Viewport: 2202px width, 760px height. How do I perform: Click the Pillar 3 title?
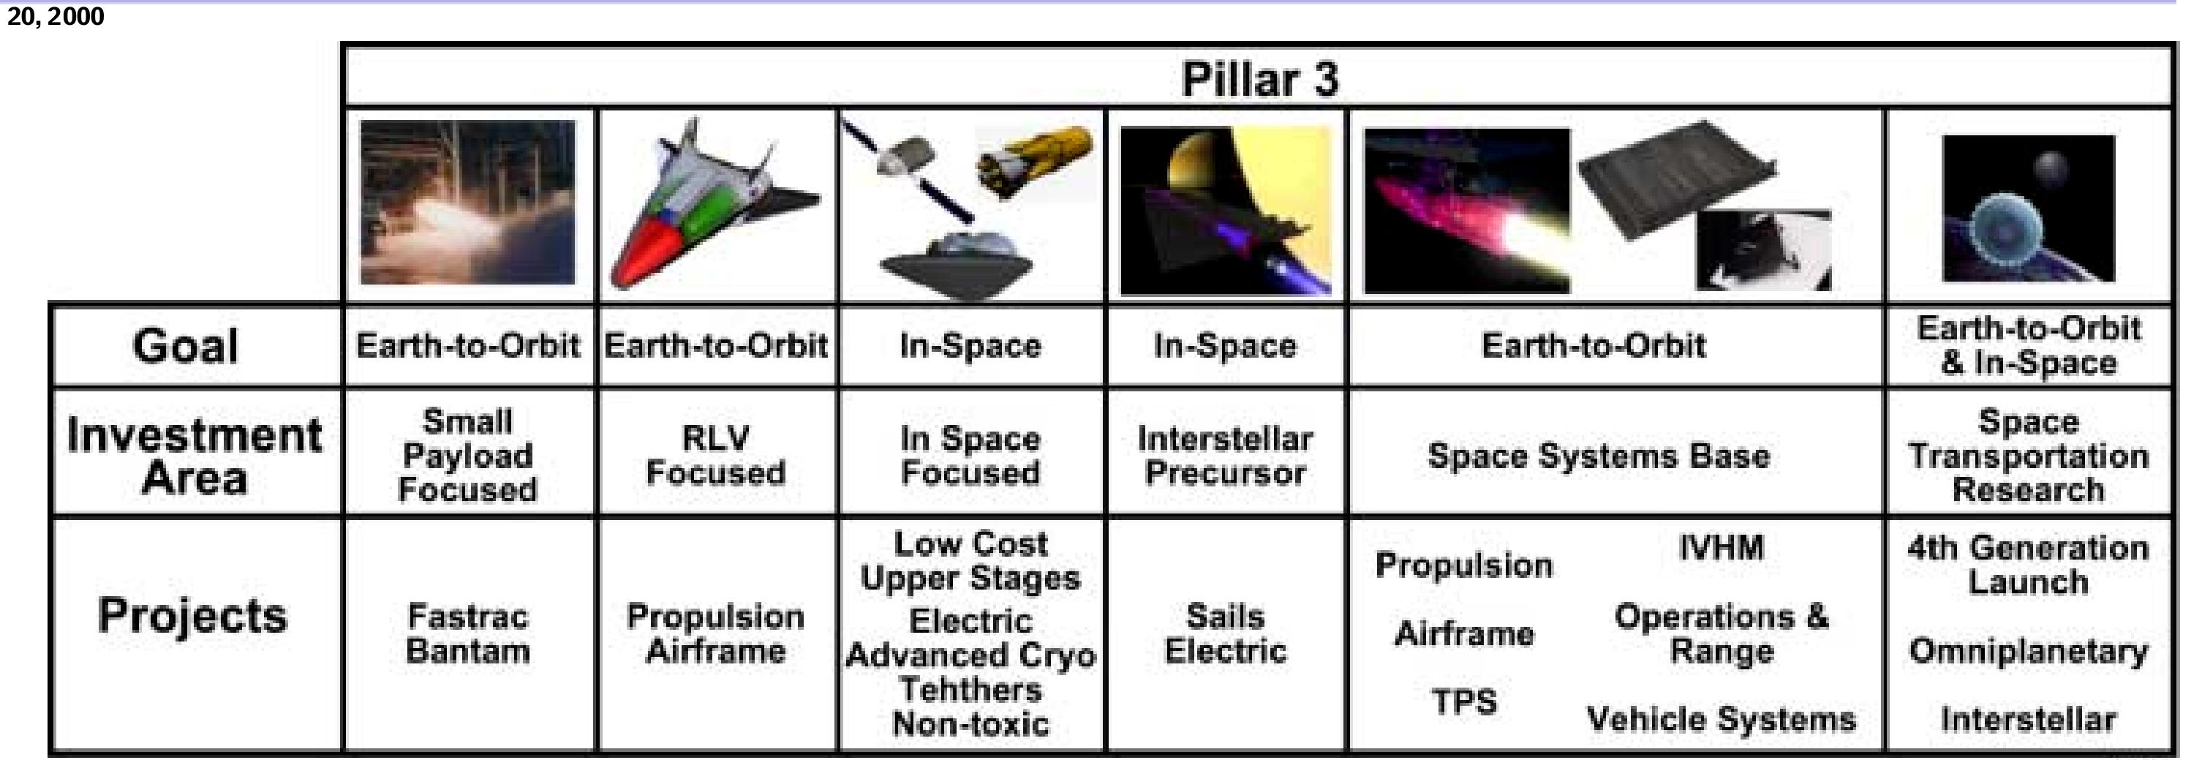click(x=1259, y=80)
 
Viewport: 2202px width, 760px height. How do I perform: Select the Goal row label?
click(x=186, y=346)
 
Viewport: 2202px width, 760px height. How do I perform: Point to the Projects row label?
click(x=192, y=615)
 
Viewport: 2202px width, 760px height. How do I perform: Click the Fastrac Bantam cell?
click(x=467, y=634)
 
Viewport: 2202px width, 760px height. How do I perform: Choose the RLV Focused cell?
click(x=715, y=455)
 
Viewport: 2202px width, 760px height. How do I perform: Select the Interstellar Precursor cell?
click(x=1225, y=455)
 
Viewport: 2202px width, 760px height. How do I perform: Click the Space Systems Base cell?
click(x=1599, y=456)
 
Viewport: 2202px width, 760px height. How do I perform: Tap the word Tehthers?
click(x=970, y=689)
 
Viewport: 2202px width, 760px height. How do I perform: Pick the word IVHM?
click(x=1721, y=548)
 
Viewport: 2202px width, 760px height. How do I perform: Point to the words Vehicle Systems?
click(x=1721, y=719)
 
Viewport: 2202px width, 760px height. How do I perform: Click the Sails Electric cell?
click(x=1225, y=634)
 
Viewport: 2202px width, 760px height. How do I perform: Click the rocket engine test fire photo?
click(x=467, y=203)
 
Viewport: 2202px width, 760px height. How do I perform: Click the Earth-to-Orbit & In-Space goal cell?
click(x=2028, y=345)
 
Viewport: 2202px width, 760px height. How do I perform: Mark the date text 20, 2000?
click(x=56, y=16)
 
